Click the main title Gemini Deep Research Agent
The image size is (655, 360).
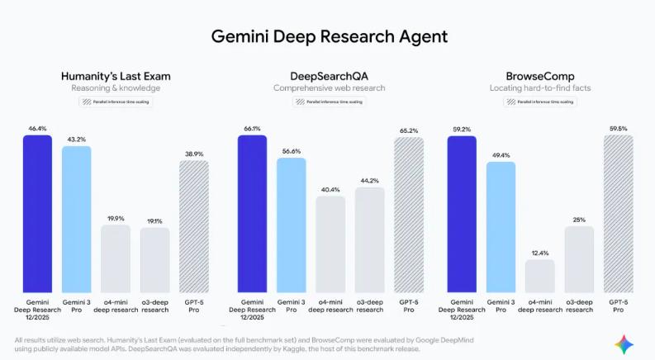[x=328, y=36]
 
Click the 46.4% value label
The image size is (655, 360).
[x=37, y=129]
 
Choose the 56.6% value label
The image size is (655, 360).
[x=291, y=151]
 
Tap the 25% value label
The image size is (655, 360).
[x=579, y=220]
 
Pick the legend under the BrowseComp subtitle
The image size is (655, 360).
[x=539, y=102]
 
